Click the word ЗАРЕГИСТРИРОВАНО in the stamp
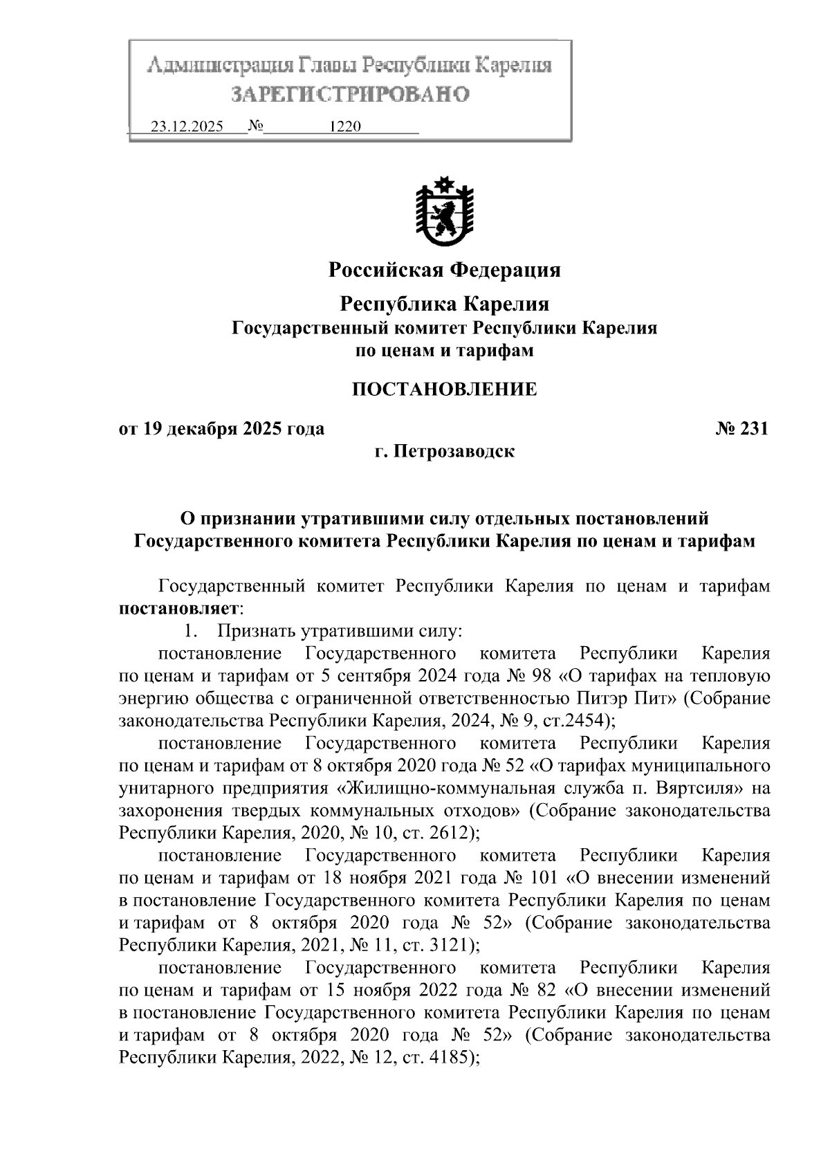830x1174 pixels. click(x=349, y=94)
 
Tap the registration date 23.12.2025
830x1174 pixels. click(x=187, y=127)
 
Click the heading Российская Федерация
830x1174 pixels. click(x=444, y=269)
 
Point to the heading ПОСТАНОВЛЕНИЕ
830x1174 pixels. click(x=444, y=389)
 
